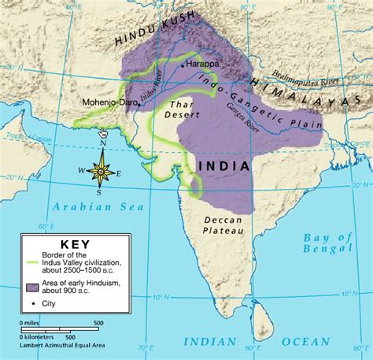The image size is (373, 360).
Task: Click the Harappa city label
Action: point(203,65)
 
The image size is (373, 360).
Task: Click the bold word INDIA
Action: point(223,166)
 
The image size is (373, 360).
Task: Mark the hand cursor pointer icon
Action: point(102,133)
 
